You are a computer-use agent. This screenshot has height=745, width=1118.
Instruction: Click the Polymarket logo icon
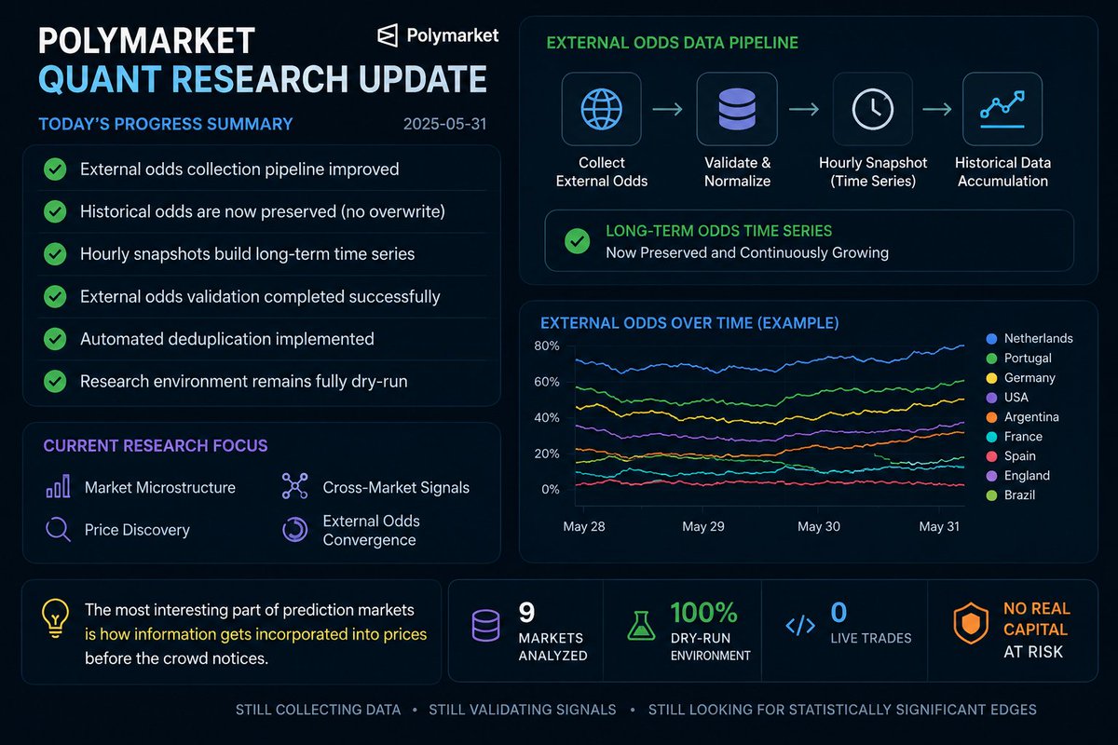click(388, 35)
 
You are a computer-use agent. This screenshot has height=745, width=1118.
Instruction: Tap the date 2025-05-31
click(444, 124)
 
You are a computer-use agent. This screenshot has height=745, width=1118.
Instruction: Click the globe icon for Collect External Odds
click(602, 109)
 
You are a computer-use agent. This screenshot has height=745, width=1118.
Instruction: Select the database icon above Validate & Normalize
click(737, 109)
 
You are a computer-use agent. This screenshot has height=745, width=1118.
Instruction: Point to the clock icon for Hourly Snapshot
click(872, 109)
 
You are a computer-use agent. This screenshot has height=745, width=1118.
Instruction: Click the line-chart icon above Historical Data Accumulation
click(1002, 109)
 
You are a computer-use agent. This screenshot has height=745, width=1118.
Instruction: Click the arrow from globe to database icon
click(667, 109)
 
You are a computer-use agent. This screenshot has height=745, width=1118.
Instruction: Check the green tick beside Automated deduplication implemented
click(55, 339)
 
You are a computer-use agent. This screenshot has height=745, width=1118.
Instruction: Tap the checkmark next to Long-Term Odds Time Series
click(577, 241)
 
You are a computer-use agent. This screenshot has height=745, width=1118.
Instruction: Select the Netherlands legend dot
click(991, 339)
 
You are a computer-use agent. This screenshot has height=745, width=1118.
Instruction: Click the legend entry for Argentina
click(1023, 416)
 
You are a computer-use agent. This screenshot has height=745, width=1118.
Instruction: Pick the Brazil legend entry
click(1011, 495)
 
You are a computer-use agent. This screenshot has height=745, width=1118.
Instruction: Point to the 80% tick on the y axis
click(547, 345)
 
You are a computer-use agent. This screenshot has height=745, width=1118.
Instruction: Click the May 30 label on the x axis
click(819, 526)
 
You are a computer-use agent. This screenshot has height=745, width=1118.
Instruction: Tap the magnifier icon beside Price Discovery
click(58, 530)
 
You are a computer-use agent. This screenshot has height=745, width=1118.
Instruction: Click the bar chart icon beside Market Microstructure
click(58, 486)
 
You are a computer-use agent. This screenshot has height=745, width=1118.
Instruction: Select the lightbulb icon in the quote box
click(55, 618)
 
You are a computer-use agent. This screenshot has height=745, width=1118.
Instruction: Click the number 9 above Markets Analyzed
click(526, 612)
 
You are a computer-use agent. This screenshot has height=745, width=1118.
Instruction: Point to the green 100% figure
click(703, 612)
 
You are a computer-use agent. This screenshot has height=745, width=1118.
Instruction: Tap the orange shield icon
click(971, 623)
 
